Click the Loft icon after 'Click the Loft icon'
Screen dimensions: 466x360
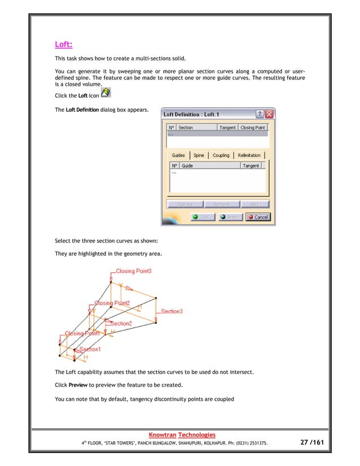tap(104, 94)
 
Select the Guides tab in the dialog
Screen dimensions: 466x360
tap(178, 155)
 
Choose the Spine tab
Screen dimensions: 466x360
tap(199, 155)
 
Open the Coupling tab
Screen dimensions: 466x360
tap(221, 155)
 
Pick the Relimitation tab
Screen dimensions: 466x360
tap(249, 155)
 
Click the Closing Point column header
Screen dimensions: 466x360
tap(252, 128)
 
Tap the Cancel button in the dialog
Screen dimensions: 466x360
tap(258, 217)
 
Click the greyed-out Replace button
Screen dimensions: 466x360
tap(185, 204)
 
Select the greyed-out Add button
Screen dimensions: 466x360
tap(254, 204)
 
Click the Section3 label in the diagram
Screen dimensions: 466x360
tap(172, 311)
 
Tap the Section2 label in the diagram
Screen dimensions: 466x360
tap(121, 323)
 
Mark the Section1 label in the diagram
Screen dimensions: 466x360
tap(90, 349)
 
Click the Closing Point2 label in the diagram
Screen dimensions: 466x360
tap(112, 303)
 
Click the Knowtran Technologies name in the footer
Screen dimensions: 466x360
tap(181, 434)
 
